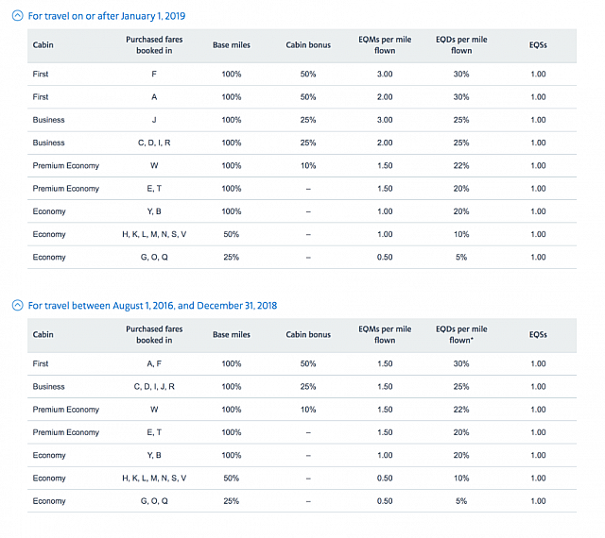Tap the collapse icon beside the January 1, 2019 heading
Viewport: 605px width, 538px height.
pyautogui.click(x=17, y=16)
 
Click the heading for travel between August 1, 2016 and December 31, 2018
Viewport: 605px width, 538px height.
pyautogui.click(x=152, y=305)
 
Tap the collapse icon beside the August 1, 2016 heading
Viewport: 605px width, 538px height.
pyautogui.click(x=17, y=305)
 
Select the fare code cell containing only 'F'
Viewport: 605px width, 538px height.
pyautogui.click(x=154, y=74)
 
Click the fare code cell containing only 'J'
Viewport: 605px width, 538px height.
pyautogui.click(x=154, y=120)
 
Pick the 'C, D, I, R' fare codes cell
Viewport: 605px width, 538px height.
pyautogui.click(x=154, y=143)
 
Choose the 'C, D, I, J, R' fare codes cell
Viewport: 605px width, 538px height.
pyautogui.click(x=154, y=386)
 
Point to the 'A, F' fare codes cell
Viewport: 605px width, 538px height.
pyautogui.click(x=154, y=363)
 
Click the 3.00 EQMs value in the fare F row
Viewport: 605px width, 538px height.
pyautogui.click(x=385, y=74)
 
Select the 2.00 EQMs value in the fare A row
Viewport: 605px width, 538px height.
pyautogui.click(x=385, y=97)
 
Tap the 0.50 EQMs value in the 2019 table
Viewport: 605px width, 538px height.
pyautogui.click(x=385, y=257)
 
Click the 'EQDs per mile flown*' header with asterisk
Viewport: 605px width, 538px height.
pyautogui.click(x=461, y=334)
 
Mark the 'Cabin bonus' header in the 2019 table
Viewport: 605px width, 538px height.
pyautogui.click(x=308, y=45)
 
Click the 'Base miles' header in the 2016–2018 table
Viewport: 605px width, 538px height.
pyautogui.click(x=232, y=334)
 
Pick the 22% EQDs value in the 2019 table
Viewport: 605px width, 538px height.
pyautogui.click(x=460, y=165)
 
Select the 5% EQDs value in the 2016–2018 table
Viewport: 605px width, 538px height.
pyautogui.click(x=460, y=500)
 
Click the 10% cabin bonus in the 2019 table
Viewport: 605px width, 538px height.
pyautogui.click(x=308, y=165)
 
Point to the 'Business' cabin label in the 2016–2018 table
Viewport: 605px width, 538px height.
pyautogui.click(x=48, y=386)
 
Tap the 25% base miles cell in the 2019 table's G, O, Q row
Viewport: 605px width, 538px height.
pyautogui.click(x=232, y=257)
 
